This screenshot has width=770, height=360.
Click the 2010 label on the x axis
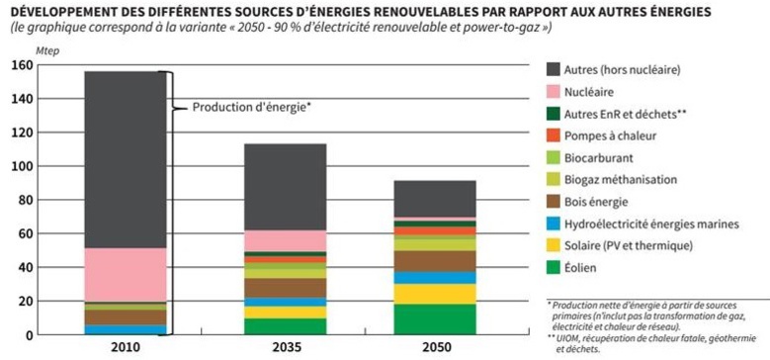(x=125, y=347)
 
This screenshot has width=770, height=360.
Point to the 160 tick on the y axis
(x=23, y=66)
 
